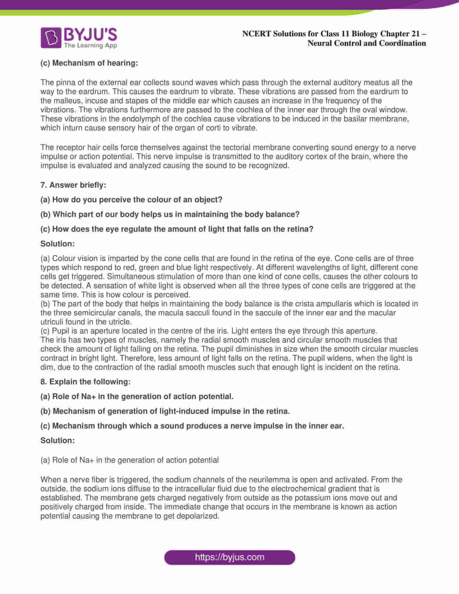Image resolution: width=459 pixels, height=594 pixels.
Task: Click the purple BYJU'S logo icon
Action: (x=51, y=38)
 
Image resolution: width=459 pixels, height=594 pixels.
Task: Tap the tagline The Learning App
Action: (x=90, y=45)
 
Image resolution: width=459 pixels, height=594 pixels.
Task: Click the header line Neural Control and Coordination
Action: (x=367, y=43)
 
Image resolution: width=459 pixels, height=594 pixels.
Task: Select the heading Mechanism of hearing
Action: (x=89, y=63)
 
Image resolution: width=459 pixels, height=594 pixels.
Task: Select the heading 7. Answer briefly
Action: (x=73, y=185)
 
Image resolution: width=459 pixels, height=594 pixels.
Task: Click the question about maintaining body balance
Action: (x=170, y=215)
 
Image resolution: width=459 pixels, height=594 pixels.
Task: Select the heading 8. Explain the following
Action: (x=85, y=382)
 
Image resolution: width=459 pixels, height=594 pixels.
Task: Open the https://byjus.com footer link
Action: (x=230, y=557)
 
